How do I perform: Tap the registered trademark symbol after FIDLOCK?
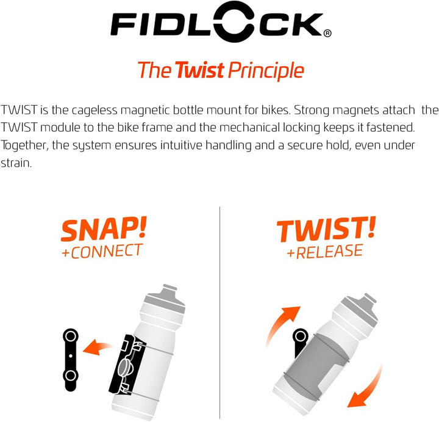point(327,34)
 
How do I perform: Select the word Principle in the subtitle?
point(266,71)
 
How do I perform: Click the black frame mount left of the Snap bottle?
point(71,360)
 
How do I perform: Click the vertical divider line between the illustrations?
point(220,305)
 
